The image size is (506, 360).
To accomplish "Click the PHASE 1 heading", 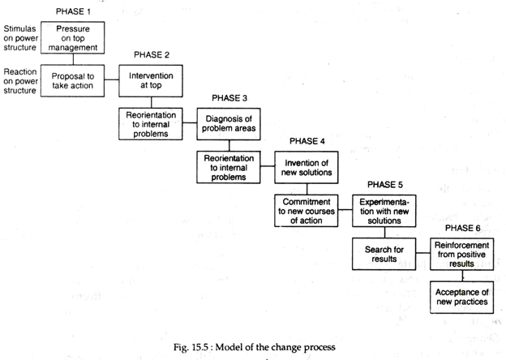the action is [73, 11].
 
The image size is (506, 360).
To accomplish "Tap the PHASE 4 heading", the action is [307, 141].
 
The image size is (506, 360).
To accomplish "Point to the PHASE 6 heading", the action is [462, 228].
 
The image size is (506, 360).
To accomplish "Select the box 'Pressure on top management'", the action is [73, 38].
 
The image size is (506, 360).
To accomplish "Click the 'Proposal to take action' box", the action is [73, 80].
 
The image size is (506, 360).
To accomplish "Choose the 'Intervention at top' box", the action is [151, 80].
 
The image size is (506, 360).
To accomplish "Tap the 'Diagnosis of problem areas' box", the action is [229, 124].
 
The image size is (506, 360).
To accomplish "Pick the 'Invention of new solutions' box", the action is [307, 167].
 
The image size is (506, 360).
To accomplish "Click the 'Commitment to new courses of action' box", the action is [307, 211].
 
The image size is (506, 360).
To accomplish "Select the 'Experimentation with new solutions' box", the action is [384, 211].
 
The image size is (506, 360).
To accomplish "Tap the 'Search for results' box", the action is [384, 254].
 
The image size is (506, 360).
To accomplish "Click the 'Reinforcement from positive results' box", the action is [461, 254].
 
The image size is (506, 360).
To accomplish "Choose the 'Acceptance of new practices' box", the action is [461, 297].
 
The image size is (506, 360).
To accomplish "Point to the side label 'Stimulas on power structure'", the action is [20, 38].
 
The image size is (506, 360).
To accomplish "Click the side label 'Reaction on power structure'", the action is [20, 81].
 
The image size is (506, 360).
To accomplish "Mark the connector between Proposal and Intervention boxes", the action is [112, 79].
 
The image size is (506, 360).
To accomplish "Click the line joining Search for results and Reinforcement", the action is [423, 253].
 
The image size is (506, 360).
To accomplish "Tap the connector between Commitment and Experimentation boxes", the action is [345, 210].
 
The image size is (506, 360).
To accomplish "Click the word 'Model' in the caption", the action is [229, 347].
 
